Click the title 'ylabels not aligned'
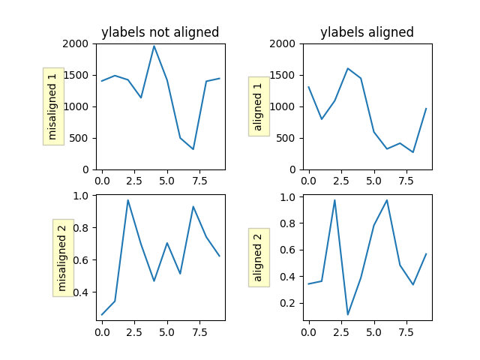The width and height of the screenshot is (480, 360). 160,32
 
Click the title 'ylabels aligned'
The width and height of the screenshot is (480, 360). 367,32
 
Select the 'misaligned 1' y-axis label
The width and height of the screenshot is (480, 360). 52,106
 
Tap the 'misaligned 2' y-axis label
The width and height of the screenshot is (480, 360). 62,258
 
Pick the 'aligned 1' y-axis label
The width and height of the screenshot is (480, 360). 259,106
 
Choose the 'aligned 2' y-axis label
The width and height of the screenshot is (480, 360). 259,258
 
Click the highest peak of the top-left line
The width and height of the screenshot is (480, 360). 154,46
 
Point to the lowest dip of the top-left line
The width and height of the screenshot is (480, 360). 193,149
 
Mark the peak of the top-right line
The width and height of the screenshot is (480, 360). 348,68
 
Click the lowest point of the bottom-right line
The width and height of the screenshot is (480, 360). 348,314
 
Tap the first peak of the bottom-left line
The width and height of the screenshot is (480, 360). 128,200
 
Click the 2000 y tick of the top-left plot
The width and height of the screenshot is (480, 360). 78,43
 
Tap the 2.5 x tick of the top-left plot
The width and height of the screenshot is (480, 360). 134,181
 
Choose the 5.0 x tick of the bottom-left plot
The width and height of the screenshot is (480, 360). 167,332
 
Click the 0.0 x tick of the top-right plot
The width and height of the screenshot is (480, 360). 309,181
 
